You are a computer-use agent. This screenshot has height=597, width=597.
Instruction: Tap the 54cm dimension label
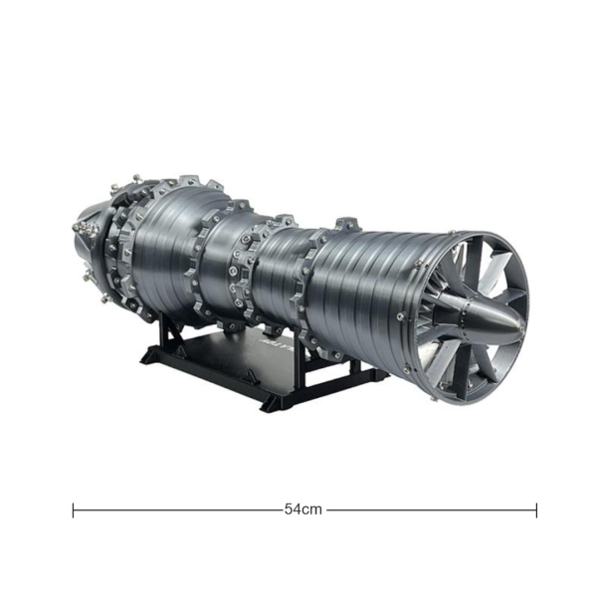coord(303,509)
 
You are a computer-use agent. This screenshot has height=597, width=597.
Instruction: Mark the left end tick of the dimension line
coord(74,509)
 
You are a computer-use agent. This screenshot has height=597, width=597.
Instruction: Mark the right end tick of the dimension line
coord(536,509)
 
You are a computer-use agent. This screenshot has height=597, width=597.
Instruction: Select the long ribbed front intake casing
coord(368,289)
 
